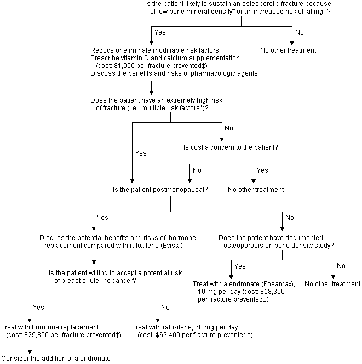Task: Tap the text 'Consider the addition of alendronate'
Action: pyautogui.click(x=56, y=358)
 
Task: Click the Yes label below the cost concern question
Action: pyautogui.click(x=263, y=170)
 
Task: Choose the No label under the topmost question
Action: pyautogui.click(x=300, y=32)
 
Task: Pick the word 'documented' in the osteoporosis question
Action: pyautogui.click(x=294, y=238)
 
